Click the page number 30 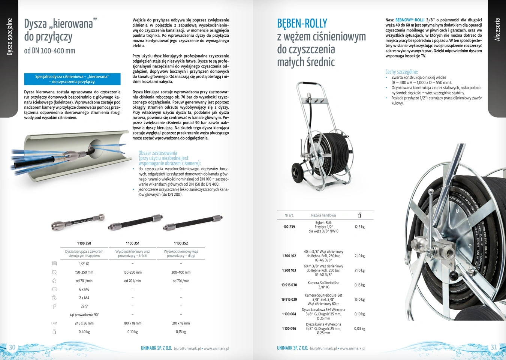pos(12,347)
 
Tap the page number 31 pos(494,347)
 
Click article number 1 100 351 pos(133,243)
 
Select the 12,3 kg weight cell pos(359,227)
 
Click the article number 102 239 pos(289,227)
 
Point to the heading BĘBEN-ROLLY pos(302,24)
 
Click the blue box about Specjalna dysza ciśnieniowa pos(72,79)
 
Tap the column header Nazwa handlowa pos(323,215)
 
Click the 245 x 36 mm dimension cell pos(84,323)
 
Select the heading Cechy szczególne pos(401,72)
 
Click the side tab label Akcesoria pos(497,29)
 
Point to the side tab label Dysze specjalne pos(10,37)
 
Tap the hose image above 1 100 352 pos(193,222)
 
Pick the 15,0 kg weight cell pos(359,300)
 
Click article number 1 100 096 pos(289,328)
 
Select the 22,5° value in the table pos(84,306)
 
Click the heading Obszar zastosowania pos(158,153)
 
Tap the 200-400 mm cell pos(181,273)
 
